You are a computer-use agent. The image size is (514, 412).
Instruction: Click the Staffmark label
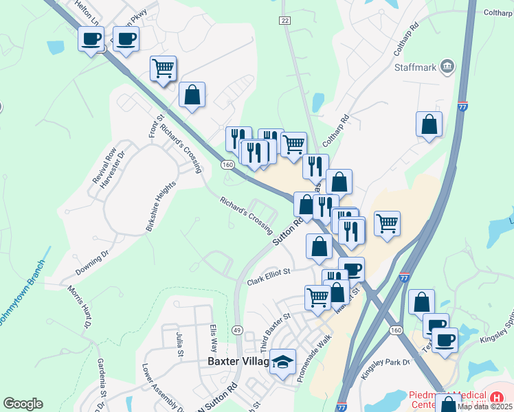coord(416,68)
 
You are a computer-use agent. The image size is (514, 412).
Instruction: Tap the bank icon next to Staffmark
coord(447,67)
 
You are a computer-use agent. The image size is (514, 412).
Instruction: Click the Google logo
coord(23,404)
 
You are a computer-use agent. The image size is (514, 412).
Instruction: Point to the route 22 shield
coord(284,21)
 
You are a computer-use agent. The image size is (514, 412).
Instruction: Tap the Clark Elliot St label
coord(269,277)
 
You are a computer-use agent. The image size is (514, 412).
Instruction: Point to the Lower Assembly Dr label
coord(163,389)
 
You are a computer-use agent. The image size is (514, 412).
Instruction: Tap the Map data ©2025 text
coord(485,407)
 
